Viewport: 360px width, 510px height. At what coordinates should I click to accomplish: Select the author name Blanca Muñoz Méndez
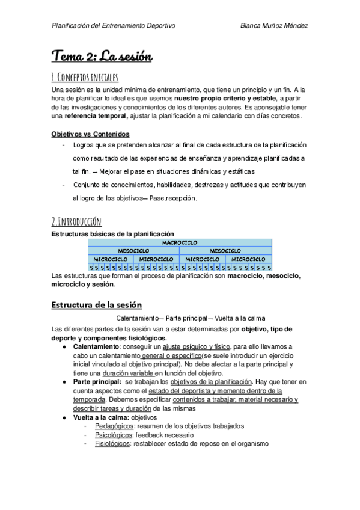click(274, 26)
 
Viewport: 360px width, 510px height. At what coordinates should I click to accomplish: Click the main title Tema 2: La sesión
click(102, 57)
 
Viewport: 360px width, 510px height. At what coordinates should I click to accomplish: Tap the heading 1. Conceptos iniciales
click(85, 77)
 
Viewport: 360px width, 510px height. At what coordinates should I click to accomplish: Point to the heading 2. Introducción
click(76, 221)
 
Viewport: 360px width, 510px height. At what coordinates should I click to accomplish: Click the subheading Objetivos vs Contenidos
click(91, 134)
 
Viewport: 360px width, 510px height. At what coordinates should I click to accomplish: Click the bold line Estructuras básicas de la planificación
click(113, 233)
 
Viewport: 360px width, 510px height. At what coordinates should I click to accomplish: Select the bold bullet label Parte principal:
click(97, 382)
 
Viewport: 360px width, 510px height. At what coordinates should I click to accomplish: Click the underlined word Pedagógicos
click(112, 426)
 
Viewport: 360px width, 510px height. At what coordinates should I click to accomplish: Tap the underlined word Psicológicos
click(112, 435)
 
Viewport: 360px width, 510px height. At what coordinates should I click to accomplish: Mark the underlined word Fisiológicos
click(112, 444)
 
